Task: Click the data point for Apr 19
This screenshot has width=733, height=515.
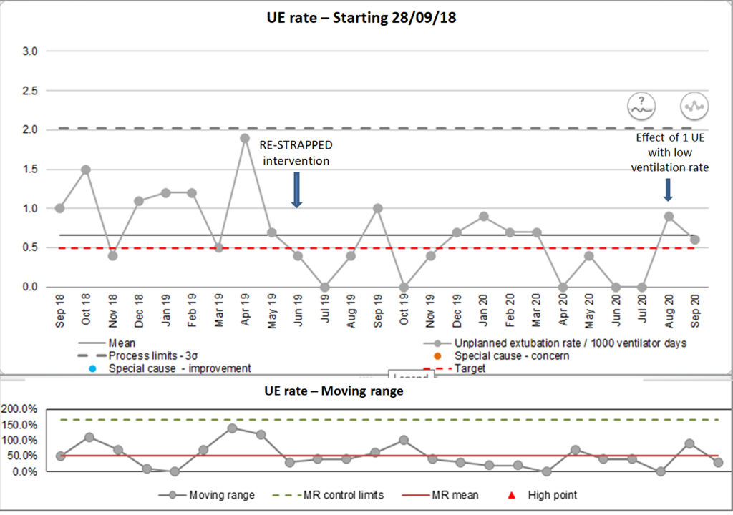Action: coord(245,138)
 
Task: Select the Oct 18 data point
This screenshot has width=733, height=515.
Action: coord(86,170)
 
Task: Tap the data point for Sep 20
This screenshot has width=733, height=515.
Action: coord(694,240)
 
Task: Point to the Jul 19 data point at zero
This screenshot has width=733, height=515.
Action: coord(324,287)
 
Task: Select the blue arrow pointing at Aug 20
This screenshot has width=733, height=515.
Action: coord(668,190)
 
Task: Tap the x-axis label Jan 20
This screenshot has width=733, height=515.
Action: coord(484,310)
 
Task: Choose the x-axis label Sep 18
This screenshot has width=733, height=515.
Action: coord(59,310)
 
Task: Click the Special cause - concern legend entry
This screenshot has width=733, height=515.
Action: coord(511,355)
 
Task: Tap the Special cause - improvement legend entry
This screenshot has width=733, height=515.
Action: coord(179,368)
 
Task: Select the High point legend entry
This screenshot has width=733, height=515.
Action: coord(552,494)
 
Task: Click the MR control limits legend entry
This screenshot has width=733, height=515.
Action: coord(344,494)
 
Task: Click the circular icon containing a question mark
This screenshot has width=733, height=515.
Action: coord(641,105)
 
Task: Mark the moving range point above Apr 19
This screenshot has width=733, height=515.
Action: coord(232,428)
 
